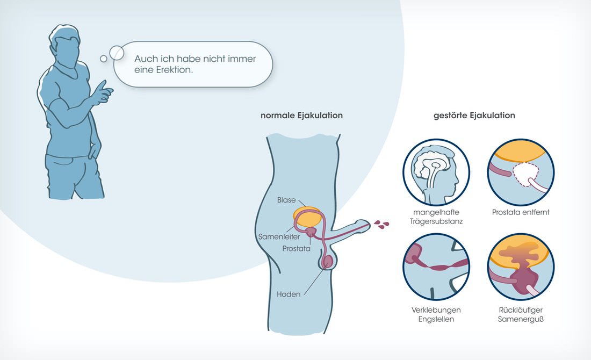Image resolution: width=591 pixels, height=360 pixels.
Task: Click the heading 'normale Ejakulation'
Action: coord(301,116)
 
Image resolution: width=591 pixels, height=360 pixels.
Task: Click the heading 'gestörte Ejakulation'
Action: coord(474,116)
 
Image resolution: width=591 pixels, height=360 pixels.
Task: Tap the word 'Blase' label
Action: coord(286,200)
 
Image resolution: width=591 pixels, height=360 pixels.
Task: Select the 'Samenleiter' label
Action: coord(279,237)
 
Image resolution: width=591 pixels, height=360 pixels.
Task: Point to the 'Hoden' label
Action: coord(289,294)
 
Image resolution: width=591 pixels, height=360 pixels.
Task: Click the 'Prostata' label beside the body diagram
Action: coord(297,248)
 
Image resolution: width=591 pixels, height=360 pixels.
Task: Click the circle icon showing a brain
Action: coord(436,172)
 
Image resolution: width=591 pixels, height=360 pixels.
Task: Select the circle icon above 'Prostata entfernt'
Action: coord(521,172)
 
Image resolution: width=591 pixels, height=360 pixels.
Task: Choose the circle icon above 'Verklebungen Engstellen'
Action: coord(436,267)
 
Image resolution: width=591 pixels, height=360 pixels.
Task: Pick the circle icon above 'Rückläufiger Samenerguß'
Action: coord(521,267)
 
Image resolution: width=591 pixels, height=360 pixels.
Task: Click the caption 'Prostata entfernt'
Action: coord(521,212)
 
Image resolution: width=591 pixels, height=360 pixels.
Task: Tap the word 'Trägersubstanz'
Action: coord(436,221)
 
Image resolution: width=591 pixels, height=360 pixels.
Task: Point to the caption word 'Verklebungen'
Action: coord(436,310)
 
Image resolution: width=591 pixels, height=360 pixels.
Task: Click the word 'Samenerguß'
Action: coord(521,319)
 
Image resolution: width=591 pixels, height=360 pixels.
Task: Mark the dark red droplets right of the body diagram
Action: coord(381,225)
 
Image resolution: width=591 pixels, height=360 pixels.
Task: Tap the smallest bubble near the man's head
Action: coord(104,59)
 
